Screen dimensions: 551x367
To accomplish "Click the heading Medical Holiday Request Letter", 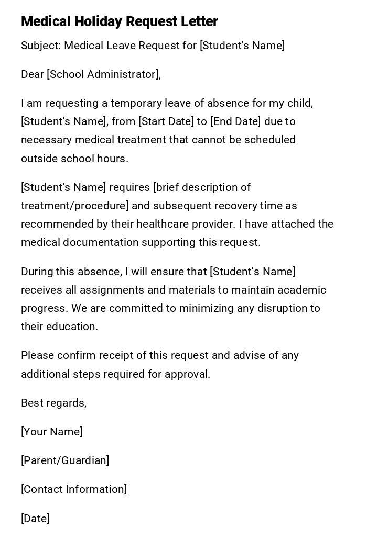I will [x=120, y=21].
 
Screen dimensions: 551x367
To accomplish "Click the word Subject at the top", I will [x=40, y=46].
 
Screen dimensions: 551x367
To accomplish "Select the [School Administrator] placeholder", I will [x=103, y=74].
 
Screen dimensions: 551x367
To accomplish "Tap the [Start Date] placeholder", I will [x=166, y=121].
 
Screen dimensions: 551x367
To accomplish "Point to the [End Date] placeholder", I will [x=235, y=121].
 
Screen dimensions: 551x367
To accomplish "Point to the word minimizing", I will [x=207, y=308].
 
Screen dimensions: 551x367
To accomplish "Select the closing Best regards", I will [x=53, y=403].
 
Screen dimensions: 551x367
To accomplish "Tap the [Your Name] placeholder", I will [x=51, y=432].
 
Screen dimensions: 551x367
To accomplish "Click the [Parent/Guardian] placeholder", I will [x=65, y=460].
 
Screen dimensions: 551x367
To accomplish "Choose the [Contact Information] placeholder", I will [x=74, y=489].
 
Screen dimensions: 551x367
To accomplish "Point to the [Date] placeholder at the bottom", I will [x=35, y=519].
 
